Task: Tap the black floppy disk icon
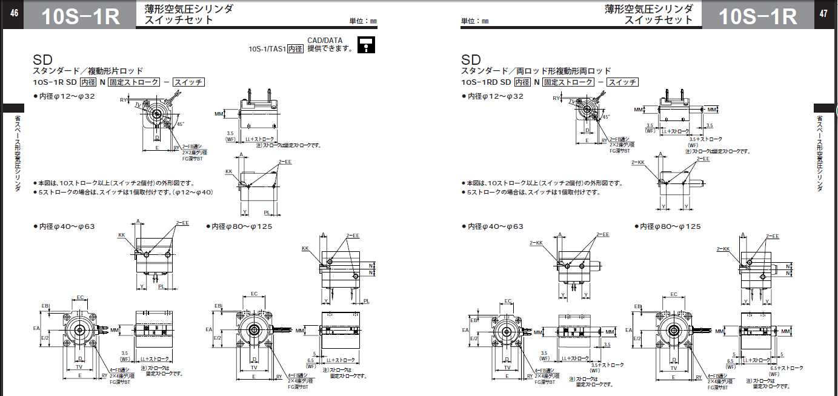[x=366, y=45]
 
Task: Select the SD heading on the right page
[x=471, y=60]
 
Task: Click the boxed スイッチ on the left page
[x=189, y=82]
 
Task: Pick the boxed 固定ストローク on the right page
[x=568, y=82]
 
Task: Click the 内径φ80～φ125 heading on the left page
[x=242, y=226]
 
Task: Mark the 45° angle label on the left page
[x=181, y=124]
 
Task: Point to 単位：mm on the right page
[x=474, y=21]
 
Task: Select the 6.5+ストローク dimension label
[x=786, y=368]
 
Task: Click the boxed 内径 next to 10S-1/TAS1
[x=295, y=49]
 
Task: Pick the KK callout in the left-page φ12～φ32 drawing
[x=228, y=171]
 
